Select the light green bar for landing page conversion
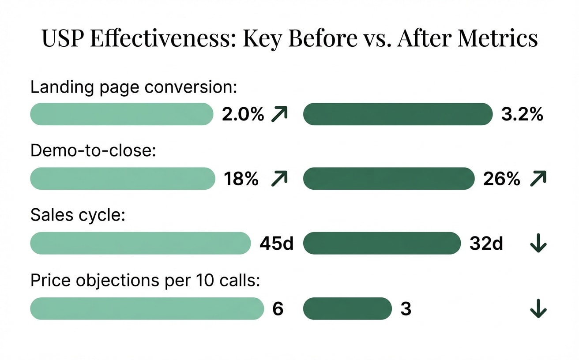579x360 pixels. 121,114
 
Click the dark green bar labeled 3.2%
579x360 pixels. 398,114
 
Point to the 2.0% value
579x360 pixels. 243,115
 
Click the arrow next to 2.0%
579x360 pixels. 279,114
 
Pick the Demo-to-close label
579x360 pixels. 94,151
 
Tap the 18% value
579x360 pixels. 241,179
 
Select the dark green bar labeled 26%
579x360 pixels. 388,179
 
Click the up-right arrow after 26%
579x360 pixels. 538,179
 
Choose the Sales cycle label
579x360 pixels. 78,216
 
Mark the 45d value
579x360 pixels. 277,244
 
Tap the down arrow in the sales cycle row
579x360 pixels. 538,244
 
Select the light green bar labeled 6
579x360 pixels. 147,308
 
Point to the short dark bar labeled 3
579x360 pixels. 347,308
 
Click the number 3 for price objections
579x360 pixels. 406,309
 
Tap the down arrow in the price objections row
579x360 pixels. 538,309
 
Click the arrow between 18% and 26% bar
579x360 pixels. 279,179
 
